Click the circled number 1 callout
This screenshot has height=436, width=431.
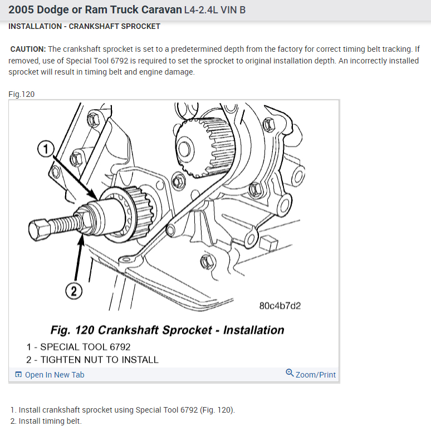pyautogui.click(x=46, y=149)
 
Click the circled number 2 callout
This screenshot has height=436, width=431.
pyautogui.click(x=74, y=290)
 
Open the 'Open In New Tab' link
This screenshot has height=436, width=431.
pyautogui.click(x=54, y=375)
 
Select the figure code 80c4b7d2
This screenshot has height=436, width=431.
pyautogui.click(x=280, y=306)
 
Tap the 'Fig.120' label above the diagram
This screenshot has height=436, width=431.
pyautogui.click(x=21, y=94)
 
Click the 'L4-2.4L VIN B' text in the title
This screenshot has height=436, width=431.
pyautogui.click(x=214, y=11)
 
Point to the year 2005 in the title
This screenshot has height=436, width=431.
pyautogui.click(x=21, y=10)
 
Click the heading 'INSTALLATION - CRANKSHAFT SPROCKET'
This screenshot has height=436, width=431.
pyautogui.click(x=84, y=26)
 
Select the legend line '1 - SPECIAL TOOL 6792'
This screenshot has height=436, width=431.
pyautogui.click(x=78, y=347)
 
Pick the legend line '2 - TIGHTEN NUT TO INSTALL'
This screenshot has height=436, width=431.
pyautogui.click(x=92, y=360)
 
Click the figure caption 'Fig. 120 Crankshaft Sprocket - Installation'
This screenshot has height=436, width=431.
pyautogui.click(x=167, y=330)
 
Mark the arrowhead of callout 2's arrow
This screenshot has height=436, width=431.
pyautogui.click(x=84, y=237)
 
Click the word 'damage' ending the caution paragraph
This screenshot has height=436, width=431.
pyautogui.click(x=180, y=72)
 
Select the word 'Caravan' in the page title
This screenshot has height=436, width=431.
pyautogui.click(x=161, y=10)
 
